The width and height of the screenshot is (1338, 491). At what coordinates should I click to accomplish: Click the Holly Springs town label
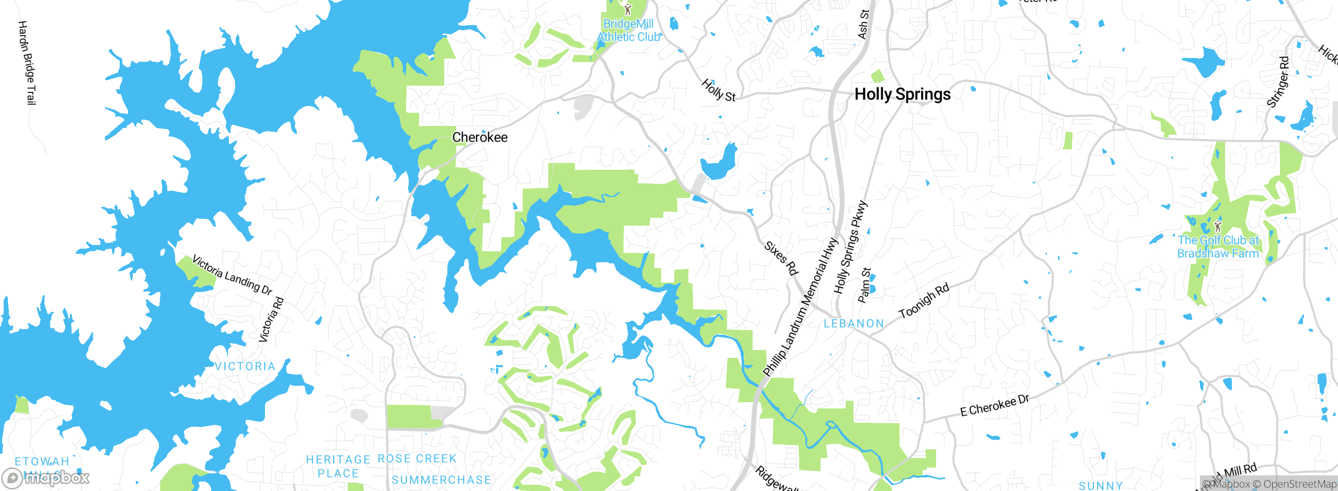point(902,94)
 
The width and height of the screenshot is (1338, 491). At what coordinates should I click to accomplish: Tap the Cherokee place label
point(479,137)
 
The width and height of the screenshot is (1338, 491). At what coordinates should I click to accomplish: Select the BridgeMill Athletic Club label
point(629,30)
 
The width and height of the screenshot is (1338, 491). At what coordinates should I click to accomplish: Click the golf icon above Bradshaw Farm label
point(1218,226)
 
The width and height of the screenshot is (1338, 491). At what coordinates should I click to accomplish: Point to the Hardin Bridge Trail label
point(27,63)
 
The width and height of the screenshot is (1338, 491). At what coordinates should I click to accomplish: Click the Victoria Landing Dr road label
point(232,275)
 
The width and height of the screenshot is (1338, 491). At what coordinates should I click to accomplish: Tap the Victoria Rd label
point(271,320)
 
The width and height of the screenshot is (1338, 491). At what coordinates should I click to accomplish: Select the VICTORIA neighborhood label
point(245,366)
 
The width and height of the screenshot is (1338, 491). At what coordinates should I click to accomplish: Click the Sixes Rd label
point(781,258)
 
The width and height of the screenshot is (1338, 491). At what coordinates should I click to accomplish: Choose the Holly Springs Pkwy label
point(850,247)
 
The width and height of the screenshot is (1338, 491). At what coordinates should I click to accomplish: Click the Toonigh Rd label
point(924,301)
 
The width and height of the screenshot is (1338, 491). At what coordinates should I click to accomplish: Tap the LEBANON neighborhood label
point(853,323)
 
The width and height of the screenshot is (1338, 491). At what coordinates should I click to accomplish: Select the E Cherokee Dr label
point(994,405)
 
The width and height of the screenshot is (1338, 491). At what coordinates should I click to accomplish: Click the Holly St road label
point(718,90)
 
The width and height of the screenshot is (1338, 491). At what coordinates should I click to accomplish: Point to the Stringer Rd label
point(1278,82)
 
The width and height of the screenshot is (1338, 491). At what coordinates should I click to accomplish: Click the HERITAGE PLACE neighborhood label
point(338,466)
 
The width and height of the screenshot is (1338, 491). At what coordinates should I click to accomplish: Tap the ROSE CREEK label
point(417,459)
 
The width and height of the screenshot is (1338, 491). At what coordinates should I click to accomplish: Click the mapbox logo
point(46,477)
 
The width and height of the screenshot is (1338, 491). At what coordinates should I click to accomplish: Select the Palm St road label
point(865,285)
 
